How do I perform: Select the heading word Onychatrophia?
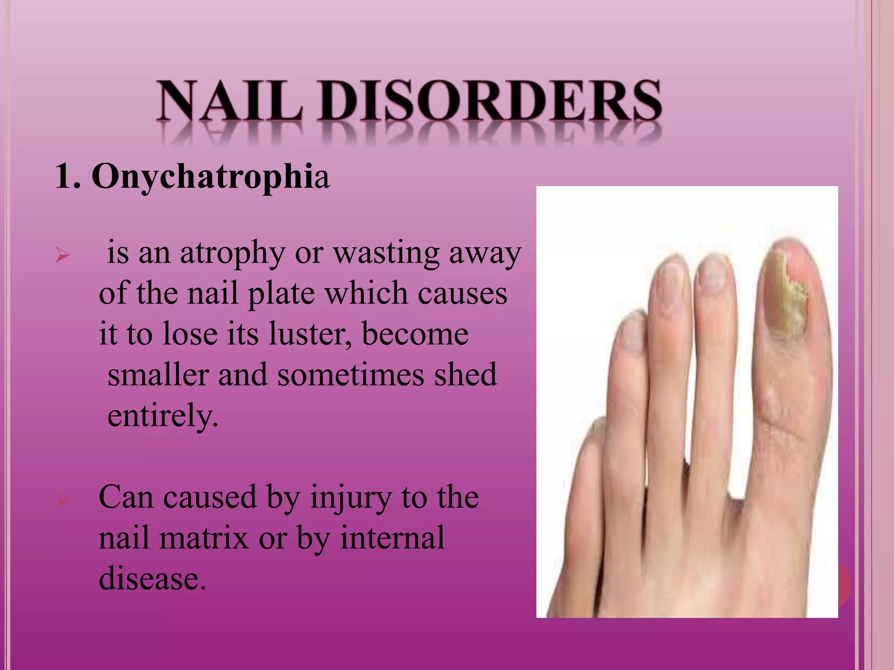(210, 177)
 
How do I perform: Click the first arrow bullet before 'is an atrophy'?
(63, 255)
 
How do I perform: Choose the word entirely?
(162, 416)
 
